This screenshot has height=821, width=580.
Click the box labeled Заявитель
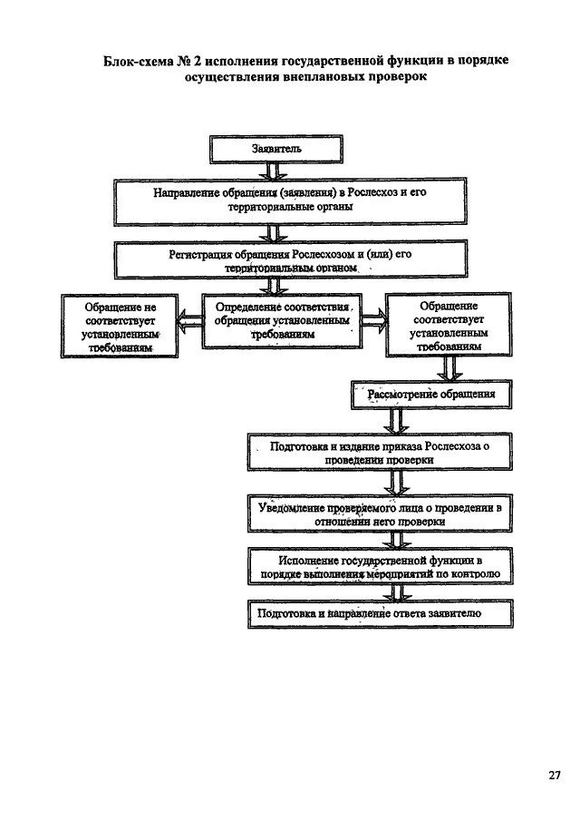pyautogui.click(x=276, y=149)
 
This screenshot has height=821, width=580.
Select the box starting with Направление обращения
pyautogui.click(x=290, y=201)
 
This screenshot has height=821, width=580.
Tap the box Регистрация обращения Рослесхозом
pyautogui.click(x=291, y=259)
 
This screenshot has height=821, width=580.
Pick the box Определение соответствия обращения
pyautogui.click(x=282, y=320)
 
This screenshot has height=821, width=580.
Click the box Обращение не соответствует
pyautogui.click(x=120, y=326)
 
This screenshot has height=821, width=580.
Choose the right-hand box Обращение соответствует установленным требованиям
pyautogui.click(x=449, y=325)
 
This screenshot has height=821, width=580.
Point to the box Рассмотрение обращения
pyautogui.click(x=431, y=395)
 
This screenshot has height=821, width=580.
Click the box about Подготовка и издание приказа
pyautogui.click(x=380, y=453)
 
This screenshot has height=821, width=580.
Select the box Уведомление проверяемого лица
pyautogui.click(x=380, y=513)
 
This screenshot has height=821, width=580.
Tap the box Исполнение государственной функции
pyautogui.click(x=381, y=566)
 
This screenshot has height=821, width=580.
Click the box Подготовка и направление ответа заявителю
pyautogui.click(x=381, y=613)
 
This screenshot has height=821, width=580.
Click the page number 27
pyautogui.click(x=555, y=776)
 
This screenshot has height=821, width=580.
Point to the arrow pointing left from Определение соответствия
pyautogui.click(x=190, y=320)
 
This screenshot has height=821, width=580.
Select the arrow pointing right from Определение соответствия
pyautogui.click(x=374, y=320)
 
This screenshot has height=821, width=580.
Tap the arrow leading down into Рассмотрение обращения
pyautogui.click(x=449, y=368)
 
